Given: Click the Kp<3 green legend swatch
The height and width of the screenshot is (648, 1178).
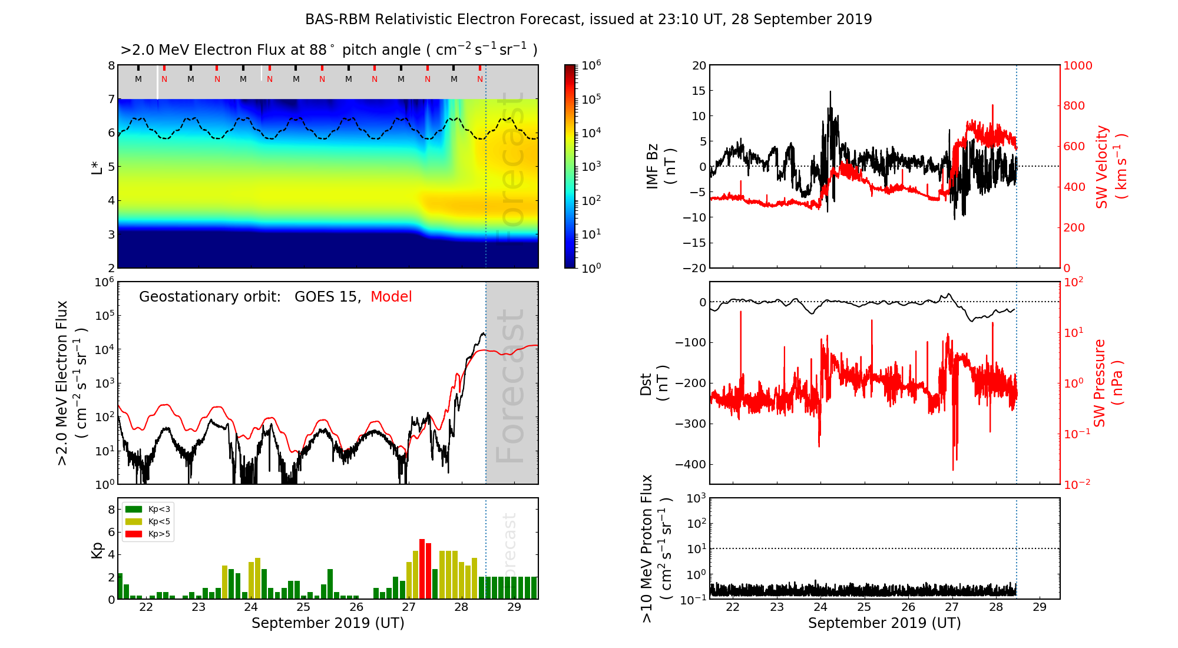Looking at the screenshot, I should pos(134,509).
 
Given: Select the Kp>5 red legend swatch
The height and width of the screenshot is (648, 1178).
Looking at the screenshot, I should pos(134,534).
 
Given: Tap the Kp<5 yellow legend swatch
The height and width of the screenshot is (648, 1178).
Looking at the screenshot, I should pos(134,521).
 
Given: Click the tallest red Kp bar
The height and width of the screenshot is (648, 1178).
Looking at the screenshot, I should pos(422,568).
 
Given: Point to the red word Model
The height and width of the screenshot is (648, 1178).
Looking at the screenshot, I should pos(391,297).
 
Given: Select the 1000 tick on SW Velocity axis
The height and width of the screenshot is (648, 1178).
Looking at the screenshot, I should pos(1077,65).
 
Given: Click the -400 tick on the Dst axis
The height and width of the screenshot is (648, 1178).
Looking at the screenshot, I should pos(691,464).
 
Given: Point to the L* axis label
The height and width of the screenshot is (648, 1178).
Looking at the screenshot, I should pos(97,166).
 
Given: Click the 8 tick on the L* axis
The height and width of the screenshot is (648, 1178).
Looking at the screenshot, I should pos(111,65).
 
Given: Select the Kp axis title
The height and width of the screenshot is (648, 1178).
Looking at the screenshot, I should pos(97,549).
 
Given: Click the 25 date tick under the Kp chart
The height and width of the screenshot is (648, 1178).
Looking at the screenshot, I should pos(303,607).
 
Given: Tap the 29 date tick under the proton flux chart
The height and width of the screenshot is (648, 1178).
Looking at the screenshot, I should pos(1040,607).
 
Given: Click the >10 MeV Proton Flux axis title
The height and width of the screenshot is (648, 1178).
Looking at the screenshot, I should pos(656,548).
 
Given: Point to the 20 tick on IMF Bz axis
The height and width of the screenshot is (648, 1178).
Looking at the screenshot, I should pos(699,65).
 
